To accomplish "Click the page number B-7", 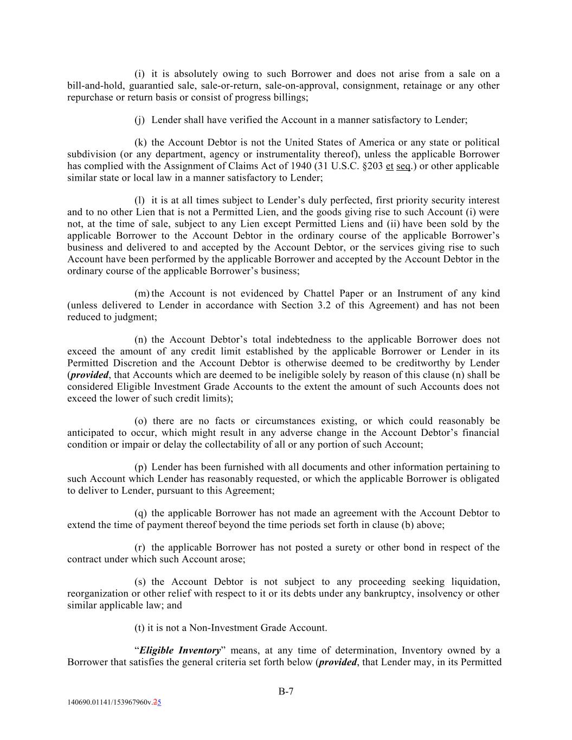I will click(x=286, y=691).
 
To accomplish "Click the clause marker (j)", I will click(x=139, y=120).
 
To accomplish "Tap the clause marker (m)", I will click(x=142, y=293).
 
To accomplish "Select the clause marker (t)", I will click(x=139, y=628).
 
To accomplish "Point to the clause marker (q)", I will click(x=140, y=513).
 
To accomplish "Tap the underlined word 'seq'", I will click(x=403, y=166).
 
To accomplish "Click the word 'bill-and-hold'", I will click(x=95, y=86).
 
